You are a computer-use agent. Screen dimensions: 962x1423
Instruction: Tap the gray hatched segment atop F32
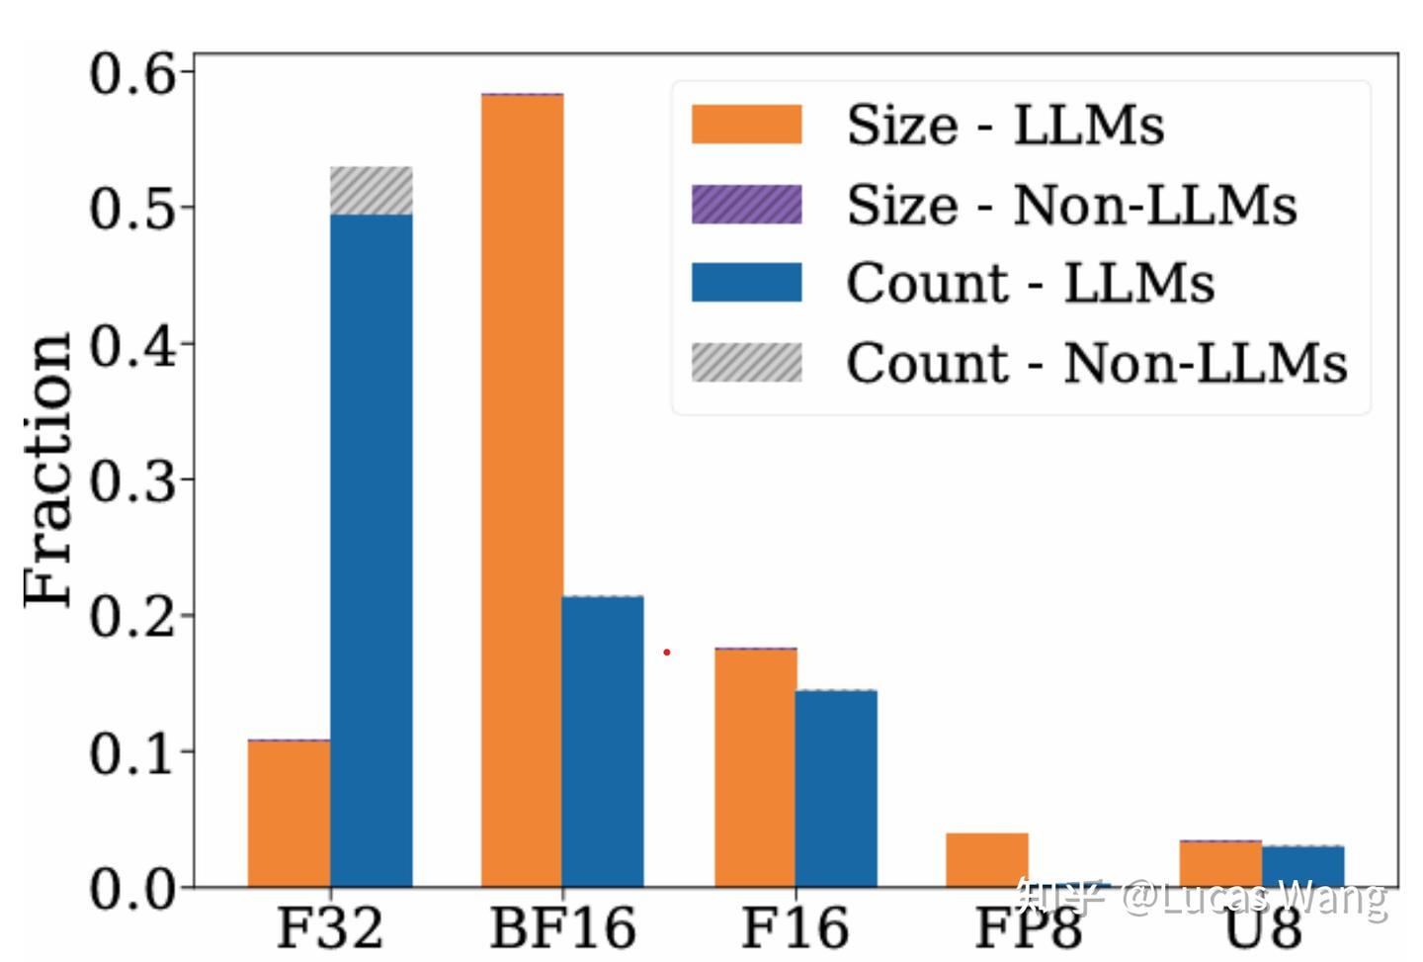pyautogui.click(x=371, y=191)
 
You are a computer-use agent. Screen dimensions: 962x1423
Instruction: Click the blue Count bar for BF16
pyautogui.click(x=603, y=742)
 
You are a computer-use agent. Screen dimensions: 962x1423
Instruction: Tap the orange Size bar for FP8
pyautogui.click(x=987, y=859)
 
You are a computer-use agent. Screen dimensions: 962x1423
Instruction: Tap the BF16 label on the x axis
pyautogui.click(x=562, y=928)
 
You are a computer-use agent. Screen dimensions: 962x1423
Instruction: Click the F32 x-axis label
pyautogui.click(x=329, y=928)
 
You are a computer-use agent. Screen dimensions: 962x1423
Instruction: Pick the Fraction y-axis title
pyautogui.click(x=47, y=470)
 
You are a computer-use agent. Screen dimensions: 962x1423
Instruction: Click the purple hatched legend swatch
pyautogui.click(x=746, y=205)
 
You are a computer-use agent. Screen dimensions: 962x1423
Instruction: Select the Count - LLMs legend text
pyautogui.click(x=1030, y=284)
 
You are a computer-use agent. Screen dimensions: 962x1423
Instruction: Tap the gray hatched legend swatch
pyautogui.click(x=746, y=362)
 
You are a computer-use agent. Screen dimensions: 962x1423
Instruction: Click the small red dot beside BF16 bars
pyautogui.click(x=667, y=652)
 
